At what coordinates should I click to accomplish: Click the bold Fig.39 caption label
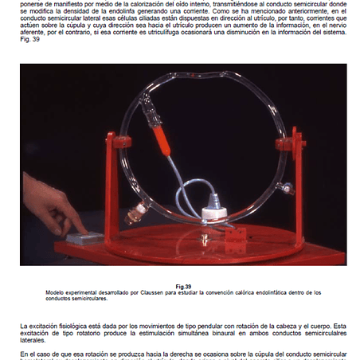(x=183, y=287)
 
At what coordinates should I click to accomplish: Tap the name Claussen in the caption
(x=140, y=293)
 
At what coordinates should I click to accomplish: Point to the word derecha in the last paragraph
(x=160, y=353)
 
